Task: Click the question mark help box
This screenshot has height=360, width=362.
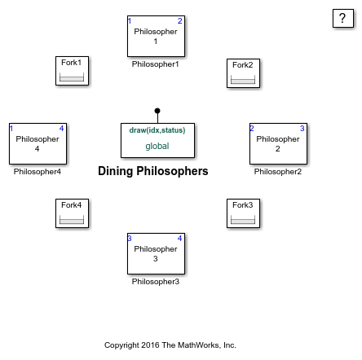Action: [x=343, y=18]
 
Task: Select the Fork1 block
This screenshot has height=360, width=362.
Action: [x=72, y=71]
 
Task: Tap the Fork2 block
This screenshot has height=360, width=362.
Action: [x=243, y=73]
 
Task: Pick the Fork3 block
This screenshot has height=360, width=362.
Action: [x=243, y=213]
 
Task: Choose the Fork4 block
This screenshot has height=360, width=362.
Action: [x=72, y=213]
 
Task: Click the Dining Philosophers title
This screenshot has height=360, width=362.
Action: [x=153, y=171]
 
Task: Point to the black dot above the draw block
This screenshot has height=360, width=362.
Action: [x=157, y=111]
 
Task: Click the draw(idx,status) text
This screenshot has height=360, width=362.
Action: [x=157, y=130]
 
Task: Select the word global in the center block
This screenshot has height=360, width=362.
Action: [x=157, y=146]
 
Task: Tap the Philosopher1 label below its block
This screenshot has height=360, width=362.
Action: [x=155, y=64]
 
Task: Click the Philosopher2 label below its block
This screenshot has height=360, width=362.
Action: [x=278, y=172]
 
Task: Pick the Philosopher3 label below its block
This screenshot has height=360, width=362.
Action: [x=156, y=282]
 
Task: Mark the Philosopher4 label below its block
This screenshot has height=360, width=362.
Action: [x=38, y=172]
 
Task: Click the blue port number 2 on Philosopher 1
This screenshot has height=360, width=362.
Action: [x=179, y=21]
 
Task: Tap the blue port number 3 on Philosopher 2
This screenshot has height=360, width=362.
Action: [x=302, y=129]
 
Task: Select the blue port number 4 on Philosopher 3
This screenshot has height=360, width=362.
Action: [x=179, y=239]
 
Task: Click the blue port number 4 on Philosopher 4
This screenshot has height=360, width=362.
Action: [x=61, y=129]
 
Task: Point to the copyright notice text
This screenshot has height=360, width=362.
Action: [x=170, y=345]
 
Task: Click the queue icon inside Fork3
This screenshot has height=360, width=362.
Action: [x=243, y=219]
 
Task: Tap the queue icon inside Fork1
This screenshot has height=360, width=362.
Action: [x=72, y=77]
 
